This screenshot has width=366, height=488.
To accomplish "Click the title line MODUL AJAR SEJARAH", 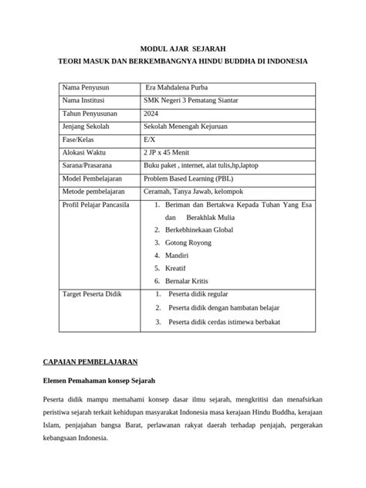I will (x=183, y=48).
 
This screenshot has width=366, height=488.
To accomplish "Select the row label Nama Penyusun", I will (x=86, y=86).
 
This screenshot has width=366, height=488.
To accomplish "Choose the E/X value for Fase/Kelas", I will (x=150, y=140).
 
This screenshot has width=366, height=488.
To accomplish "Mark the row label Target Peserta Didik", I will (x=92, y=294).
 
